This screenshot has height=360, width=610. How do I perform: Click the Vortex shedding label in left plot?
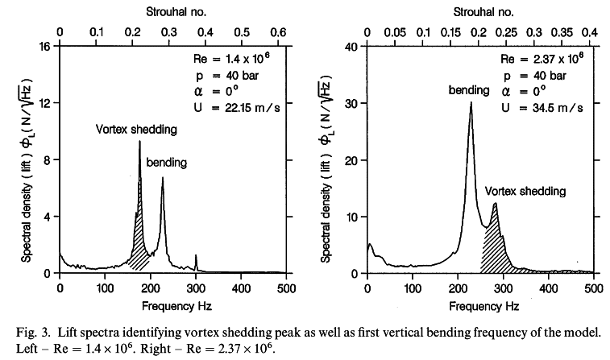click(136, 128)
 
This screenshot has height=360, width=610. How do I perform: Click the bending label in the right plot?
click(469, 90)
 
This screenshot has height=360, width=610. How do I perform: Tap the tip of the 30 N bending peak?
click(471, 102)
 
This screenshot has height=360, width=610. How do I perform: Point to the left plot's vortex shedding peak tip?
click(139, 142)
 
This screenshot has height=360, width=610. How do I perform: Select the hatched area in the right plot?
click(494, 250)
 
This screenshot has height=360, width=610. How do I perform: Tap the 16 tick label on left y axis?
click(46, 47)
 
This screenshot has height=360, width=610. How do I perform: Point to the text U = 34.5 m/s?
click(542, 107)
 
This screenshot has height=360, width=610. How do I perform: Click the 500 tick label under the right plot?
click(592, 288)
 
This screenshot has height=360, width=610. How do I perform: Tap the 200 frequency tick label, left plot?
click(151, 288)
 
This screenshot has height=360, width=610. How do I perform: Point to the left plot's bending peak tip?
click(163, 178)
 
